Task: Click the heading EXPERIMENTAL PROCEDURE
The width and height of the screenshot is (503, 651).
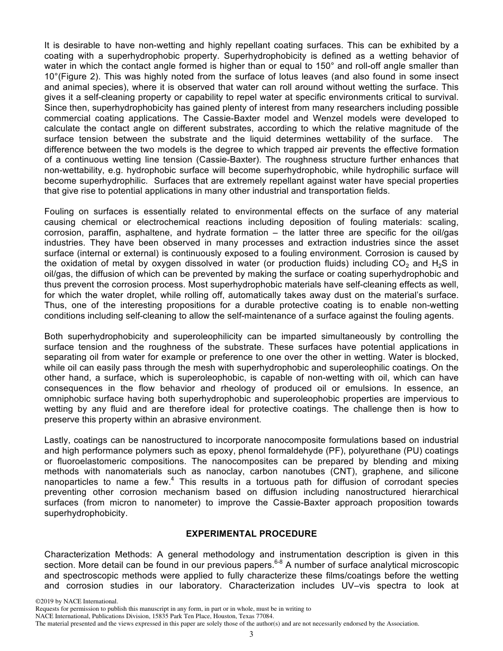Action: pos(251,534)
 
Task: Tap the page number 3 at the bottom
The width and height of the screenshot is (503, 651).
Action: pos(251,634)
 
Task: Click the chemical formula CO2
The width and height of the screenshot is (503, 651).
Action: pos(411,264)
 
